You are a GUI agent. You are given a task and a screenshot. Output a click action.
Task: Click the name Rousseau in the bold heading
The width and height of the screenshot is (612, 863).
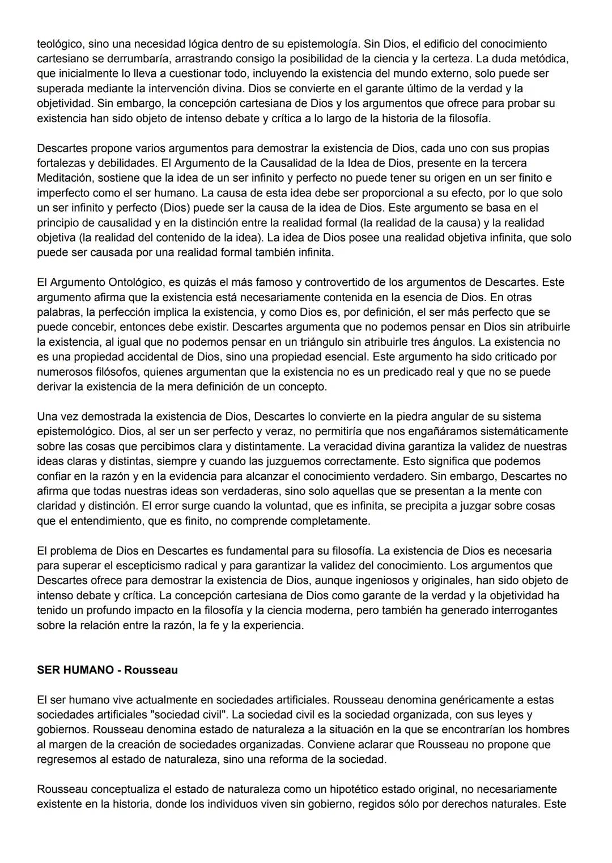pos(151,670)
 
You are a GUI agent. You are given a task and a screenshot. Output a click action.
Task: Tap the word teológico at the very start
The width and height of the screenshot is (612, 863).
pos(59,44)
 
